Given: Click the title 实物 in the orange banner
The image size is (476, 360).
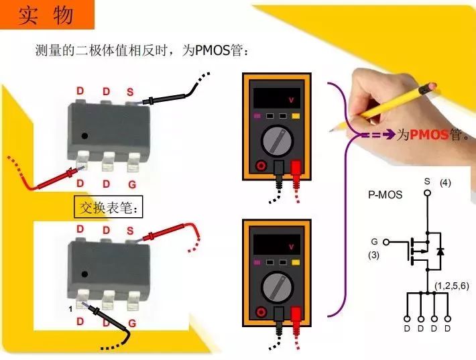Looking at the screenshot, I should click(45, 15).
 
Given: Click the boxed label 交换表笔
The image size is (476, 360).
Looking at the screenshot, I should click(108, 208).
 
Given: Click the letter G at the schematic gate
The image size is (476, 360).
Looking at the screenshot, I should click(375, 241).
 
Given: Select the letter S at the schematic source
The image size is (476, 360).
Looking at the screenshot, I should click(427, 182).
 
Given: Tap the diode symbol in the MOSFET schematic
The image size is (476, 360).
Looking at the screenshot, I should click(440, 251).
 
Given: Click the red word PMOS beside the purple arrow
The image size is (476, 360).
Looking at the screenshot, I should click(429, 135).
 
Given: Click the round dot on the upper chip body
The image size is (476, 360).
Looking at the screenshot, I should click(84, 136).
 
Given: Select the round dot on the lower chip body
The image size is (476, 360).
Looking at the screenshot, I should click(84, 274).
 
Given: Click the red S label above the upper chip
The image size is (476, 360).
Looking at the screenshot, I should click(130, 92).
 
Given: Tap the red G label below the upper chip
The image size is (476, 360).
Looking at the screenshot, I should click(132, 183).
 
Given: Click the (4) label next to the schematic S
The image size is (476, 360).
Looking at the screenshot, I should click(445, 182).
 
